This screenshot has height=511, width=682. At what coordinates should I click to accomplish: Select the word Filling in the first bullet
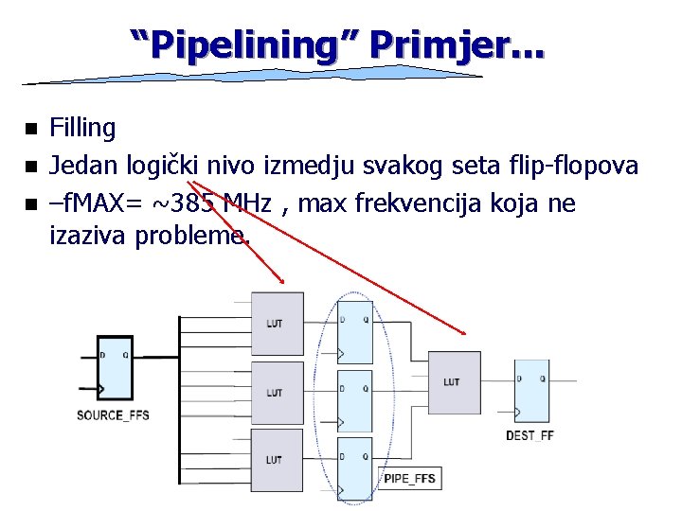click(x=82, y=128)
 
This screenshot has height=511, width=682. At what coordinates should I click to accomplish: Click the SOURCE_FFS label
click(x=114, y=415)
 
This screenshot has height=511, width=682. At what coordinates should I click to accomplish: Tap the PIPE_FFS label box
click(x=409, y=479)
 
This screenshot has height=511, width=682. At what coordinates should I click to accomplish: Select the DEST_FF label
click(x=529, y=435)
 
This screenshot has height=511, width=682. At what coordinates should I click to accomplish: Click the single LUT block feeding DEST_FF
click(x=454, y=381)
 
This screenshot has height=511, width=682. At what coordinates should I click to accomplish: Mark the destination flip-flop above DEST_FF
click(x=531, y=390)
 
